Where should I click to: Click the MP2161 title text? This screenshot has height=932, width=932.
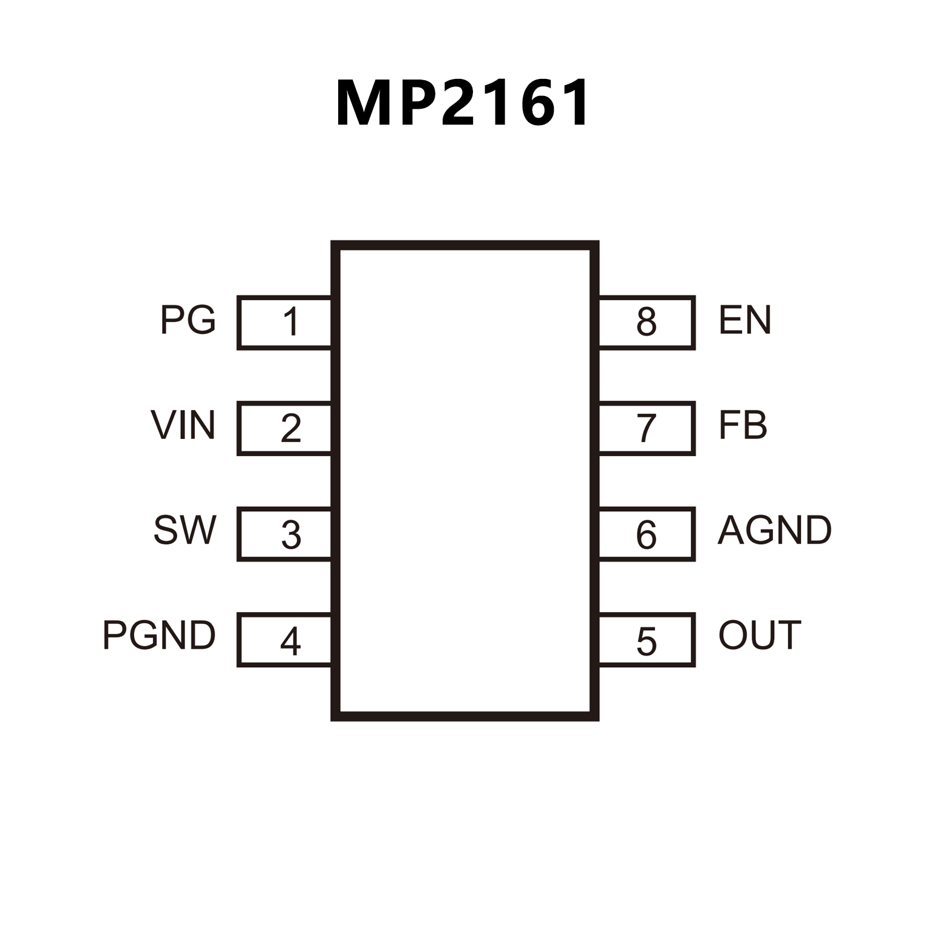(x=463, y=103)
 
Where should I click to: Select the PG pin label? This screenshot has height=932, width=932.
(x=188, y=320)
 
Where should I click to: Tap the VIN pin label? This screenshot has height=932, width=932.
(x=183, y=425)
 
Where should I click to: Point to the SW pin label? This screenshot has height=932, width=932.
(x=185, y=530)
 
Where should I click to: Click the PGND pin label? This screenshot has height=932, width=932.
(x=159, y=636)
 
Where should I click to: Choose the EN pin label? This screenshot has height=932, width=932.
(x=744, y=320)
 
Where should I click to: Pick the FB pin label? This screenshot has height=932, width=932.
(x=743, y=425)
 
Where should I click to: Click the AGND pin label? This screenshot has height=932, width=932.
(x=775, y=530)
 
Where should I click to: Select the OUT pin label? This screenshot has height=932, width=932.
(x=760, y=636)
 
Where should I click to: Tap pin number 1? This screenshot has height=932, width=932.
(x=291, y=322)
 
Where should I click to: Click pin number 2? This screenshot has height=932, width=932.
(x=291, y=428)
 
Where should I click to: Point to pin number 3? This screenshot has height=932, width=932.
(x=291, y=535)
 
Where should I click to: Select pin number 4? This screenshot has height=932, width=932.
(x=290, y=641)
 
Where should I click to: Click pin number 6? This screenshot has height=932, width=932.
(x=646, y=535)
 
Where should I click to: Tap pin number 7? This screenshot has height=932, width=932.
(x=647, y=428)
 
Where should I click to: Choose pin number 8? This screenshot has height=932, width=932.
(x=647, y=322)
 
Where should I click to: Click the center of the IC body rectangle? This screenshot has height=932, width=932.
(x=465, y=481)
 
